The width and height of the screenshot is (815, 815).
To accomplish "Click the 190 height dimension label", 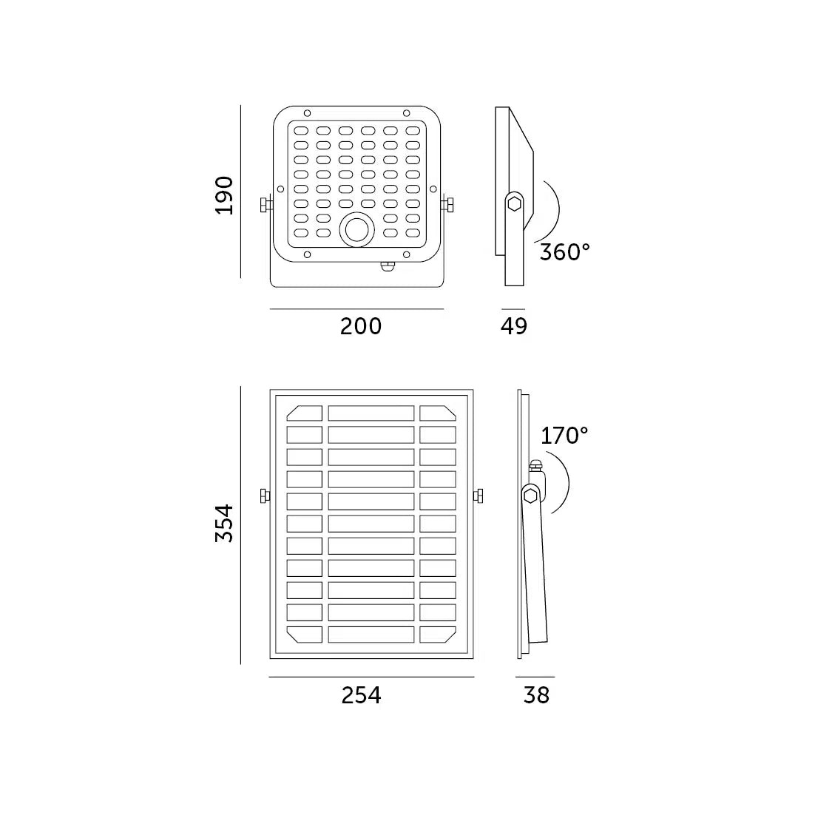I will pos(225,195).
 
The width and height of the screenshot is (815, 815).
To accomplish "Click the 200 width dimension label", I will pos(361,326).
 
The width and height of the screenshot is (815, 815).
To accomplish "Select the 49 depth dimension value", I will pos(514,326).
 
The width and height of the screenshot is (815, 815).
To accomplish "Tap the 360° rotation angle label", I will pos(564,252).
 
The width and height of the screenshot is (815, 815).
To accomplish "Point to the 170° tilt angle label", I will pos(564,436).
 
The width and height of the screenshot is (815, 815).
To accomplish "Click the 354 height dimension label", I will pos(225,523).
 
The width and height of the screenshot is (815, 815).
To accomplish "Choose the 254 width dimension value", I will pos(361,695).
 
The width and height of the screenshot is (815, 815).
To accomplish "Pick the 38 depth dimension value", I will pos(536,695).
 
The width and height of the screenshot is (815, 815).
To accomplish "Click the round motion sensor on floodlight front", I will pos(357,230).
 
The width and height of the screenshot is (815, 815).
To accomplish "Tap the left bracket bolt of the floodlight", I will pos(263,205).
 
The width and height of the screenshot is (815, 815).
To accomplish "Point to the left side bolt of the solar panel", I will pos(265,496).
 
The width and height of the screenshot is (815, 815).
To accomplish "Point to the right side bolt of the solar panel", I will pos(478,496).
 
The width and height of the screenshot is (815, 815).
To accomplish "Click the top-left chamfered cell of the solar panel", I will pos(305,413).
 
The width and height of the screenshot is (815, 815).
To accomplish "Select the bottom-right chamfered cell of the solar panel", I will pos(438,635).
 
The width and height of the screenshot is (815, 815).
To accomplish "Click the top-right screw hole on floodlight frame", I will pos(406,113).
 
